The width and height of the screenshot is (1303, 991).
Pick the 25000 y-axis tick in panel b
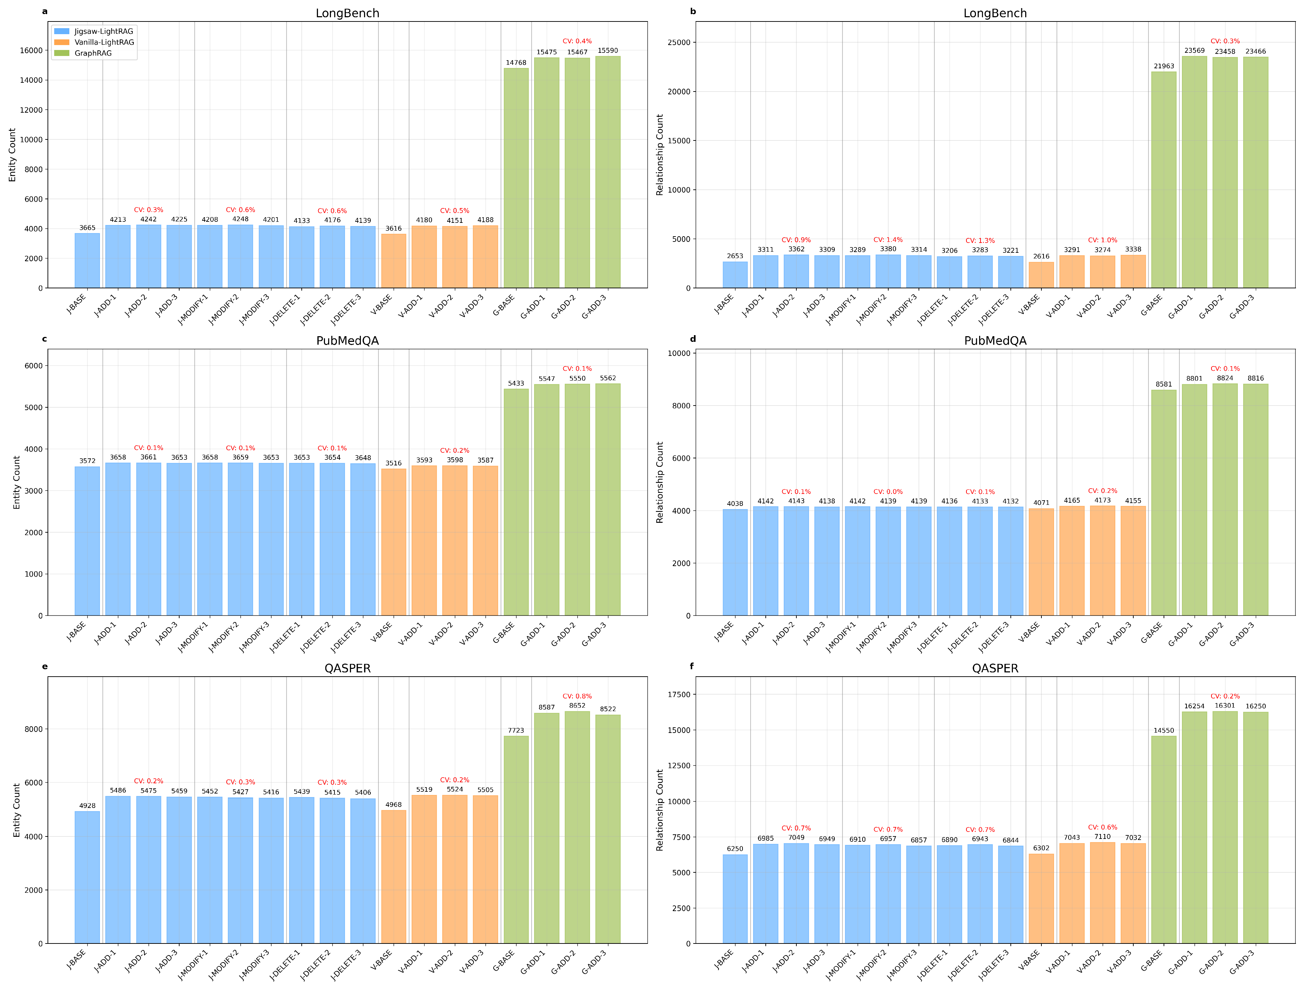point(679,43)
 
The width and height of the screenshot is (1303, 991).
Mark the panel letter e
point(45,666)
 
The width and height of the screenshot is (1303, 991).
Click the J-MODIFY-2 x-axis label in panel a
point(225,309)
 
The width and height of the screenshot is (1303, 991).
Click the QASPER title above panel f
point(995,668)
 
